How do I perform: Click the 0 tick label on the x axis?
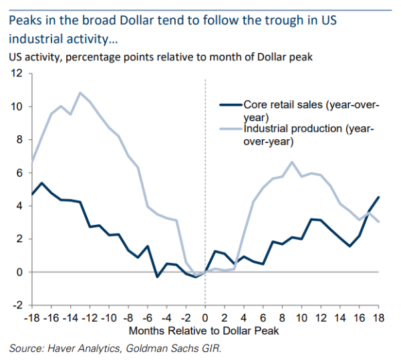tap(205, 317)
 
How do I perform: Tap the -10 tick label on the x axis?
tap(110, 317)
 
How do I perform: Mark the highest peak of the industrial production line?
tap(80, 93)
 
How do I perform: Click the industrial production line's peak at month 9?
tap(291, 162)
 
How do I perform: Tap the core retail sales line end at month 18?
tap(378, 197)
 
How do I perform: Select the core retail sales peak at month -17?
tap(42, 183)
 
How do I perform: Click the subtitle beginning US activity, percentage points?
tap(160, 57)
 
